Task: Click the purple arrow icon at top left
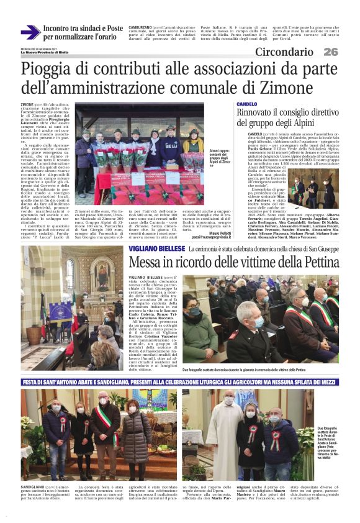[30, 32]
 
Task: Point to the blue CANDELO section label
[247, 104]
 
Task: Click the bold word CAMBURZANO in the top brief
[139, 28]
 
